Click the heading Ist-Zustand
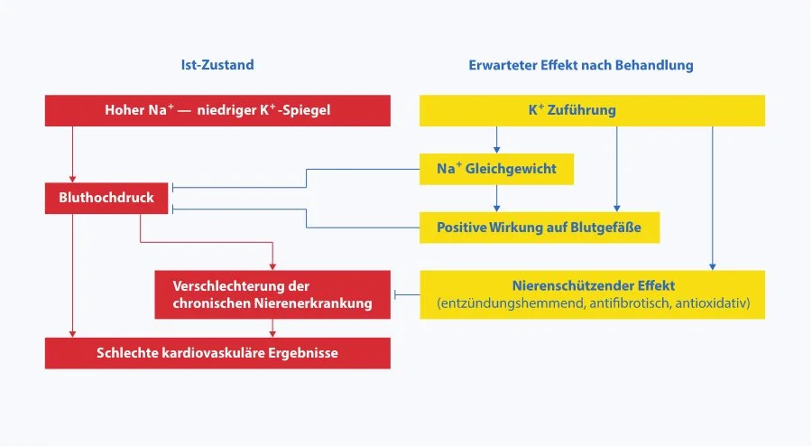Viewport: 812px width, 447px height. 217,66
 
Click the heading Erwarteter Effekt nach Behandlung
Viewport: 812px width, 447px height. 581,66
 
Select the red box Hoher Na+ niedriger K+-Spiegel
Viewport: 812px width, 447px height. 217,111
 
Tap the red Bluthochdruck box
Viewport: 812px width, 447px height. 106,197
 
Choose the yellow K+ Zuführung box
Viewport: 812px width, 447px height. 592,111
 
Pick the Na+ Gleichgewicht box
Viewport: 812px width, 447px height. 496,169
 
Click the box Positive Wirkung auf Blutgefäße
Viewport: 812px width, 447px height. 540,227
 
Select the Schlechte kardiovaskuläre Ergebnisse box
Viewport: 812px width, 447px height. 217,353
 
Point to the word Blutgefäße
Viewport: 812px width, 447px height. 606,227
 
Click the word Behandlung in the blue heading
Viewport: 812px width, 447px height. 658,66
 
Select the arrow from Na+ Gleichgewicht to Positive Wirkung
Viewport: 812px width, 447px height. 496,199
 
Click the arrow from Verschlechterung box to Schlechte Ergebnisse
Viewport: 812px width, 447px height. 272,328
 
